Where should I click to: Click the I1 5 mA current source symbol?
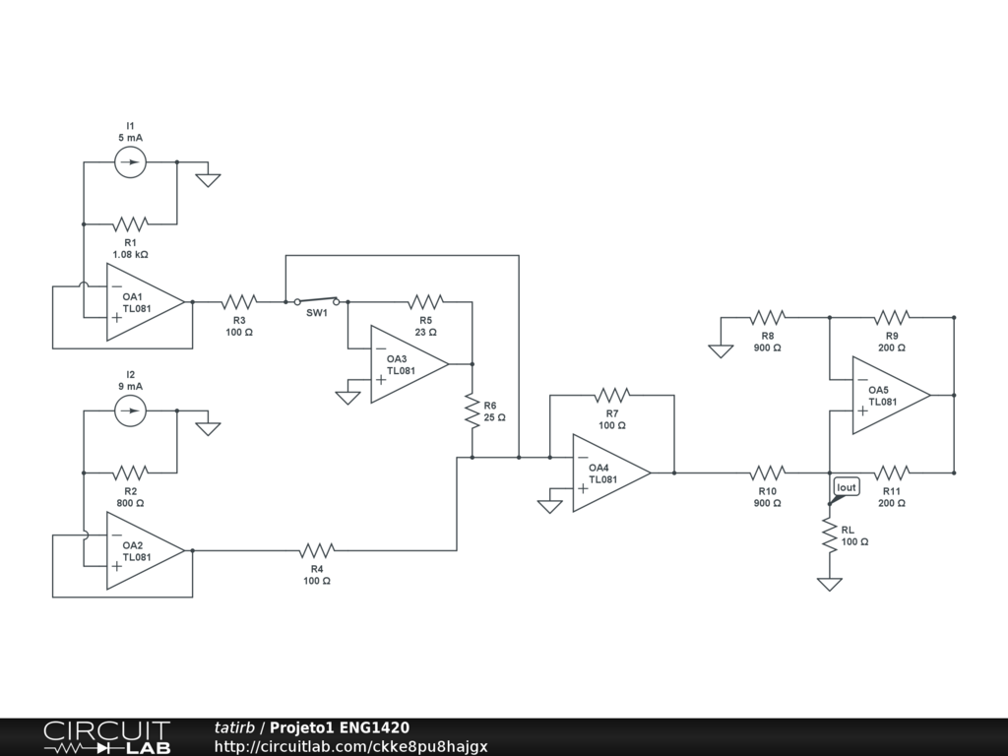click(131, 162)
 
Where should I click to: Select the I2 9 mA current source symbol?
click(131, 410)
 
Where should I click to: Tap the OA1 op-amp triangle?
click(146, 301)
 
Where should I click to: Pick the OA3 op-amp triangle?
click(409, 364)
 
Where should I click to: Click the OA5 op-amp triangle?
click(891, 395)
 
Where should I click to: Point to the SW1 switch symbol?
click(316, 301)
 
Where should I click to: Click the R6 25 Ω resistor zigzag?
click(472, 411)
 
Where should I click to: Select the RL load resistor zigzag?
click(829, 535)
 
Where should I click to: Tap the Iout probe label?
click(846, 487)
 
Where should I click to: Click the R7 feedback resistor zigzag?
click(612, 395)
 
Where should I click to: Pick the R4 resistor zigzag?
click(317, 550)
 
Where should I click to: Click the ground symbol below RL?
click(829, 584)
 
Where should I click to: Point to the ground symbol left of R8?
click(721, 350)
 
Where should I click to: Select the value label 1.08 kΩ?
click(131, 255)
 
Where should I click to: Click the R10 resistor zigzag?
click(767, 472)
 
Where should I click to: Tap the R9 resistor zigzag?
click(892, 317)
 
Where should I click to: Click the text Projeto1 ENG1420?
click(340, 727)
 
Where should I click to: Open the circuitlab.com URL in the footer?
click(351, 746)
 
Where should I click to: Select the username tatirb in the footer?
click(234, 727)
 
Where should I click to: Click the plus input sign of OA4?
click(583, 488)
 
